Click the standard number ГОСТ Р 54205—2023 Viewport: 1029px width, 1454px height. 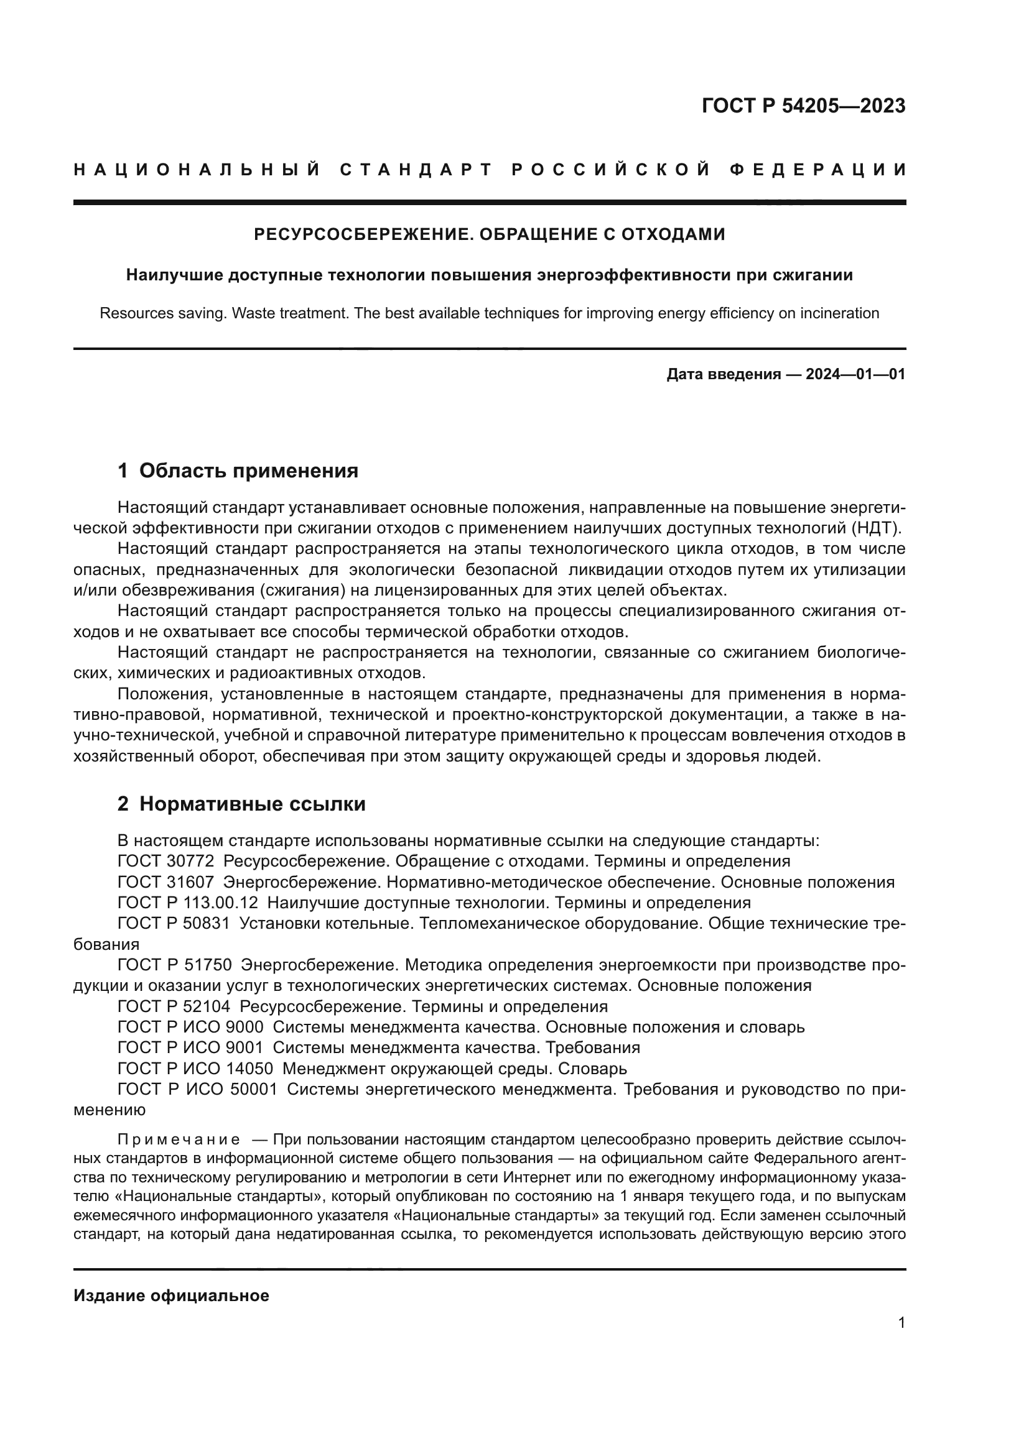tap(803, 106)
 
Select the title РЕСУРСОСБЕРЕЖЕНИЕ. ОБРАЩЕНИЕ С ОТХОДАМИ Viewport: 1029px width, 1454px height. tap(489, 234)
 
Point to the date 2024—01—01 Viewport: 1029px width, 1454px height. tap(855, 374)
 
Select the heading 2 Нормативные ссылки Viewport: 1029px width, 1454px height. tap(241, 804)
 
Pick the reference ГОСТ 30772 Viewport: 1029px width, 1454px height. tap(165, 861)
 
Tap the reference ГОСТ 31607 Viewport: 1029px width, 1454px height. tap(165, 882)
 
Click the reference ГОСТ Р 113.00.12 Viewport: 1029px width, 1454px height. tap(187, 903)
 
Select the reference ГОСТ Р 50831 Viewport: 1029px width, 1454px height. tap(174, 924)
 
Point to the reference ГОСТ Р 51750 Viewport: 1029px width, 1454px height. tap(174, 966)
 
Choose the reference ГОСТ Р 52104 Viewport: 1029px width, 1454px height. tap(174, 1007)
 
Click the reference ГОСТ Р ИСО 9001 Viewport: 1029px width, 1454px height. tap(190, 1048)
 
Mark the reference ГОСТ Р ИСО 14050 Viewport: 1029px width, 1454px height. tap(195, 1069)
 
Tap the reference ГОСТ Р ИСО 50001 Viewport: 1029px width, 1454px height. tap(197, 1090)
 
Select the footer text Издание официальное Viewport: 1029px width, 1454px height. tap(171, 1295)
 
